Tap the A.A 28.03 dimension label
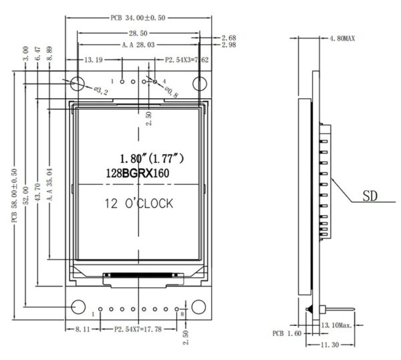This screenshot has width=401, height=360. [x=138, y=45]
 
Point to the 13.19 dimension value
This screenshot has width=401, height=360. [x=94, y=60]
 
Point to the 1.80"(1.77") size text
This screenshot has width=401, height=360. [x=152, y=159]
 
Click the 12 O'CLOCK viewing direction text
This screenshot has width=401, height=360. [x=139, y=204]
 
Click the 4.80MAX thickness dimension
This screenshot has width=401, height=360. [x=342, y=39]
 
